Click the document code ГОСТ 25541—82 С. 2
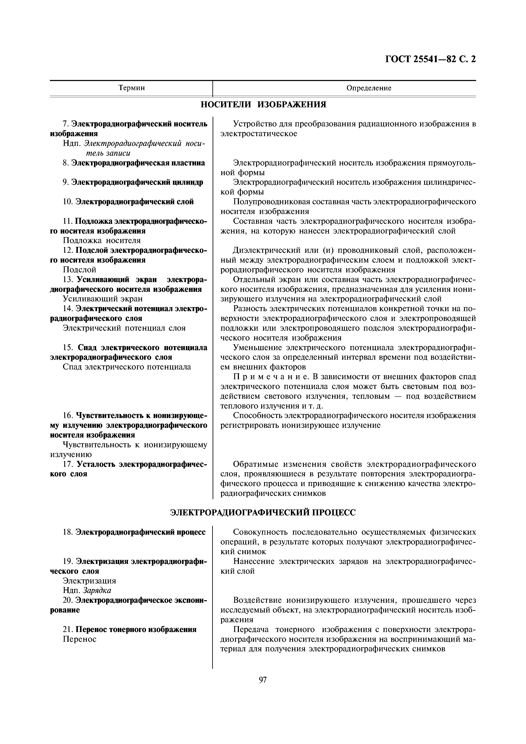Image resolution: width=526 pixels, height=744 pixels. click(x=430, y=59)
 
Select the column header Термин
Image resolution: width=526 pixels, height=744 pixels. click(x=131, y=88)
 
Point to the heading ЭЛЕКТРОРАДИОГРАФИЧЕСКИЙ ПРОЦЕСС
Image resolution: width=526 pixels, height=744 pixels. click(x=263, y=512)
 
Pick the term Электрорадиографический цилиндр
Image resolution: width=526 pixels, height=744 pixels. click(x=137, y=182)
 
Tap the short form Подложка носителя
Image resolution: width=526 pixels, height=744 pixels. click(x=102, y=241)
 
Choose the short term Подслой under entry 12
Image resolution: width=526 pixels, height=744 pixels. click(x=79, y=270)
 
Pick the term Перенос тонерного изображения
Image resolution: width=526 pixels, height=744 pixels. click(x=136, y=629)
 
